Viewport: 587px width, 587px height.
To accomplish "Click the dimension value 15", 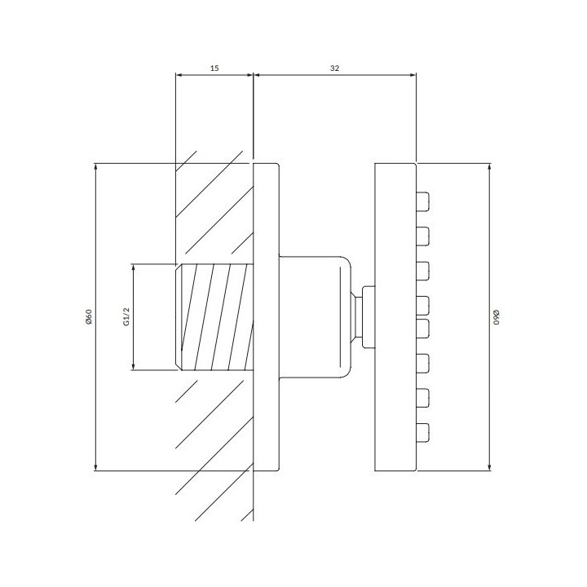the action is (214, 68).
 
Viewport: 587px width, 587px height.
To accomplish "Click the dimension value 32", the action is (335, 68).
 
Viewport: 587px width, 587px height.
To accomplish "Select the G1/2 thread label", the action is (126, 316).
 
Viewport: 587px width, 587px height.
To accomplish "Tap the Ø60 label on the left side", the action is (89, 316).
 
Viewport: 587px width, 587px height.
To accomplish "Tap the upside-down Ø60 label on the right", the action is (497, 316).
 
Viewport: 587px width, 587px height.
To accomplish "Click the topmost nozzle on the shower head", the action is (422, 202).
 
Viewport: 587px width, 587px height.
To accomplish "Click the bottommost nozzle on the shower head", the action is (422, 432).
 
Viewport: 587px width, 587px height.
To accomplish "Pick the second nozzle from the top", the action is (422, 236).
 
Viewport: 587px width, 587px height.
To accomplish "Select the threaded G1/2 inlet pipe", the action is (215, 316).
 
